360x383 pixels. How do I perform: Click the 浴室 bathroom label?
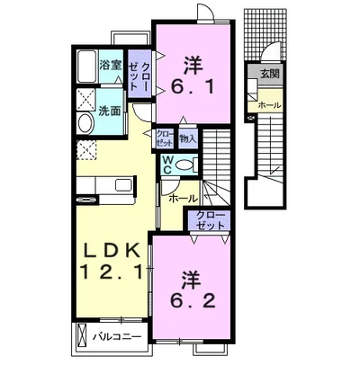[111, 65]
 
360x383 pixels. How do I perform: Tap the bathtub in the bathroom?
[87, 67]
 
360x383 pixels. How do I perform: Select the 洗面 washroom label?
[110, 111]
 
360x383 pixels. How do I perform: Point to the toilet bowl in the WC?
[184, 165]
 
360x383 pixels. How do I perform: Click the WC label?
[166, 165]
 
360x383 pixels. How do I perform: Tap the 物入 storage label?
[188, 138]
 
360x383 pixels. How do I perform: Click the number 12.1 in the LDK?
[112, 272]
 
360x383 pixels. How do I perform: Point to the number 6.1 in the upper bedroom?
[193, 87]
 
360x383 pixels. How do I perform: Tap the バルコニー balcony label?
[117, 337]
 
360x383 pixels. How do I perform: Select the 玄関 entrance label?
[270, 74]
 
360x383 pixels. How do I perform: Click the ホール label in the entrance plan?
[269, 105]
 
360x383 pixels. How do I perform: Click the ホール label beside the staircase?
[183, 199]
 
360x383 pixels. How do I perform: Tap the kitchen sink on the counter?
[123, 185]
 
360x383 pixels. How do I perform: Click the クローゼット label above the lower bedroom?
[210, 220]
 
